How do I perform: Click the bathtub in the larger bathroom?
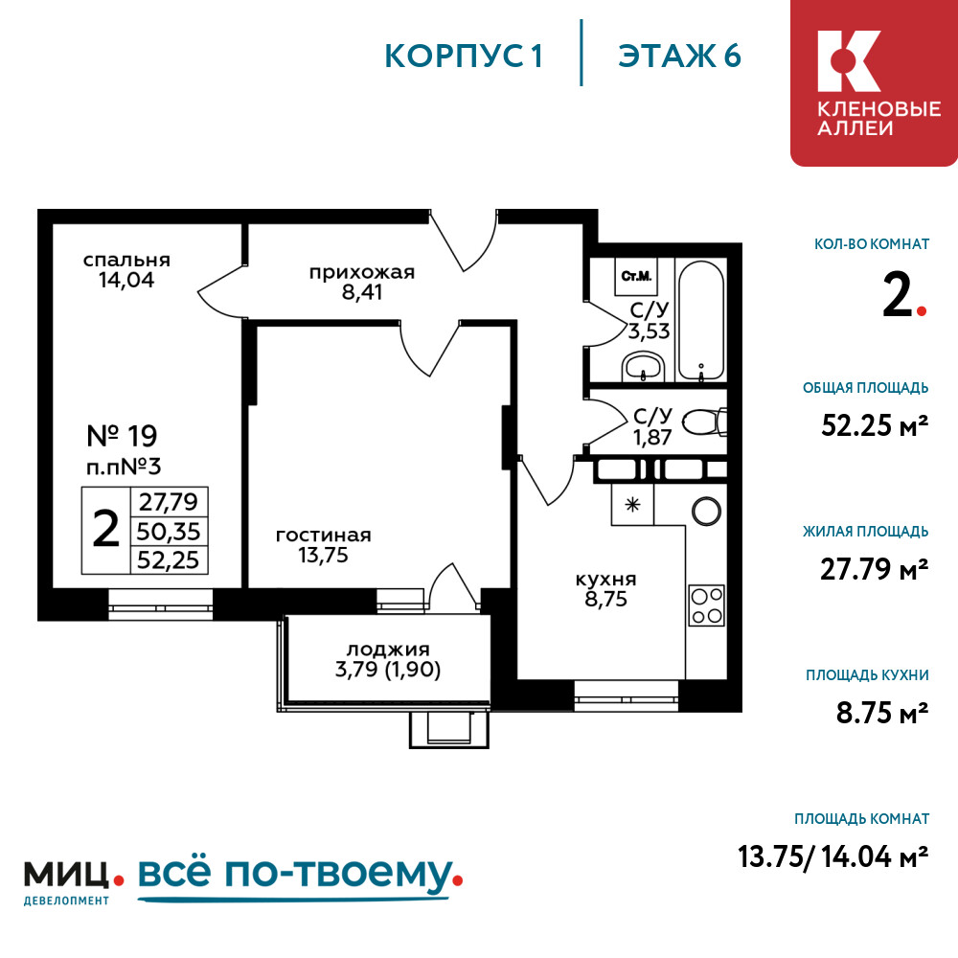(x=701, y=321)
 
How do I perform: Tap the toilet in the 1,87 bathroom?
(x=704, y=422)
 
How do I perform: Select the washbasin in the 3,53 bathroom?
(x=643, y=367)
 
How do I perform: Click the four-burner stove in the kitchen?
(x=707, y=605)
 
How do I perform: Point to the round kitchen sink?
(x=706, y=511)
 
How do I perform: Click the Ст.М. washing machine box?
(x=636, y=276)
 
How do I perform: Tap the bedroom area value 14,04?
(x=126, y=280)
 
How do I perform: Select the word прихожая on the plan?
(x=362, y=272)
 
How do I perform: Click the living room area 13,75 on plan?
(x=323, y=555)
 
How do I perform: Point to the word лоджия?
(x=388, y=649)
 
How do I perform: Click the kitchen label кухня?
(x=606, y=580)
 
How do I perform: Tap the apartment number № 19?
(x=123, y=436)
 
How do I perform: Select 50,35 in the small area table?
(x=169, y=532)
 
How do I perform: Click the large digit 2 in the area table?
(x=105, y=529)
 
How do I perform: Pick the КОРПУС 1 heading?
(x=464, y=57)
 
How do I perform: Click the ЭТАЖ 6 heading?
(x=679, y=56)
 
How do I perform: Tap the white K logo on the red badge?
(x=849, y=61)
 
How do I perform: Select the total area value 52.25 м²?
(x=875, y=425)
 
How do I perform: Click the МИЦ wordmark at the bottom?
(x=66, y=875)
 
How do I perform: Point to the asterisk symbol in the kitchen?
(x=632, y=505)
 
